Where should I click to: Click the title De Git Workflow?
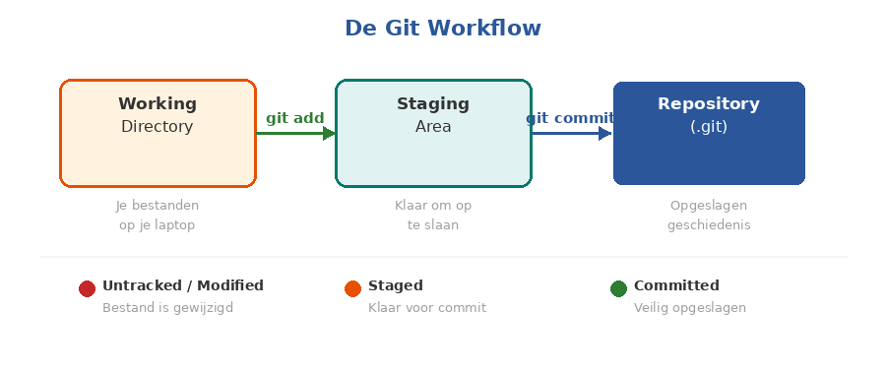click(x=442, y=29)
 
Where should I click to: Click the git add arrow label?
click(x=294, y=118)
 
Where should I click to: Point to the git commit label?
click(x=570, y=118)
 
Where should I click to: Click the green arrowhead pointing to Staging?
click(x=329, y=133)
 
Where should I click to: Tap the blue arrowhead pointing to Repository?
click(x=604, y=133)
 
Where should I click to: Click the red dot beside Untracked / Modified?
click(x=87, y=288)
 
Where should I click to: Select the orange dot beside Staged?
click(x=352, y=288)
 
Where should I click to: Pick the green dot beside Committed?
click(x=618, y=288)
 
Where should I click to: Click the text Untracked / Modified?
click(x=183, y=285)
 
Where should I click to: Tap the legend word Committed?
click(x=676, y=285)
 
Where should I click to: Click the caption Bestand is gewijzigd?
click(x=167, y=308)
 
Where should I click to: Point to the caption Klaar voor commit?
click(x=427, y=308)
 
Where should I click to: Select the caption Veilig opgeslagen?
click(x=689, y=308)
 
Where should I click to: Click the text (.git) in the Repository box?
click(x=709, y=127)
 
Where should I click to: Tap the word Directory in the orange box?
click(x=158, y=127)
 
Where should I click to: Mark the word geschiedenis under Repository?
click(x=709, y=225)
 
